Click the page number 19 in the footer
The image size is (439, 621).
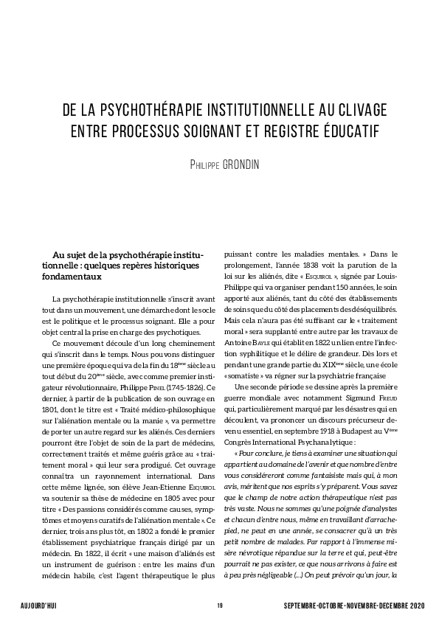pyautogui.click(x=220, y=606)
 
